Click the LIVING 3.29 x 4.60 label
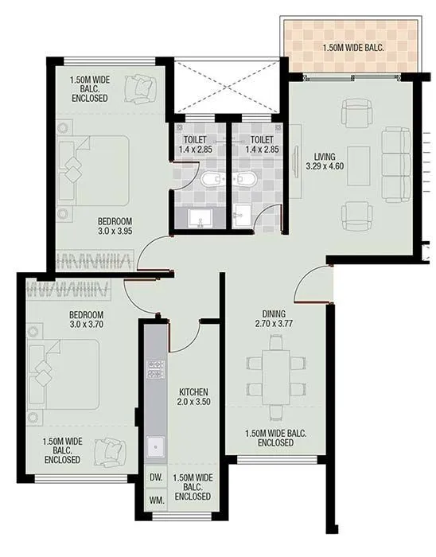tap(324, 162)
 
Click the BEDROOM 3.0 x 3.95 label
tap(115, 227)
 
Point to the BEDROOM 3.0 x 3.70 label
tap(86, 320)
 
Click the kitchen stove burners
tap(154, 369)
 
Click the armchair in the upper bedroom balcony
tap(146, 84)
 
